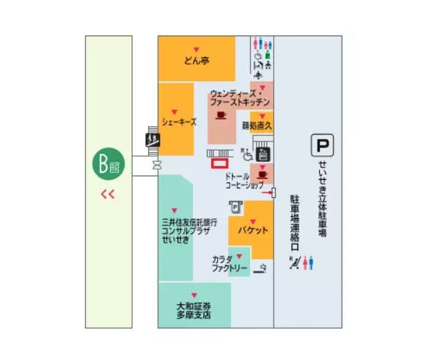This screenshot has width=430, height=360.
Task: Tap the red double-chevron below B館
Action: (x=108, y=195)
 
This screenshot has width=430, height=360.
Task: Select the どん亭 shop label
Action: (x=197, y=60)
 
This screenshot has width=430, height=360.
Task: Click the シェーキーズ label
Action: (x=179, y=122)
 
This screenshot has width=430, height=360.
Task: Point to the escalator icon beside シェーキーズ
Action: (x=153, y=140)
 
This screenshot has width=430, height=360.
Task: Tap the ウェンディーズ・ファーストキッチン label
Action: (x=240, y=97)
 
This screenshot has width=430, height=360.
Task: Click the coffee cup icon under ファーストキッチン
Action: (x=220, y=115)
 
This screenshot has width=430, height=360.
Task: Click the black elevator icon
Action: (x=263, y=154)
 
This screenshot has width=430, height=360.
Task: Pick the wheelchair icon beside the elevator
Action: (x=248, y=156)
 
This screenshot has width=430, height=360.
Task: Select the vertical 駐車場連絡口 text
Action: (x=293, y=223)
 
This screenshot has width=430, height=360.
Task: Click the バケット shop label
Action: (x=253, y=231)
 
